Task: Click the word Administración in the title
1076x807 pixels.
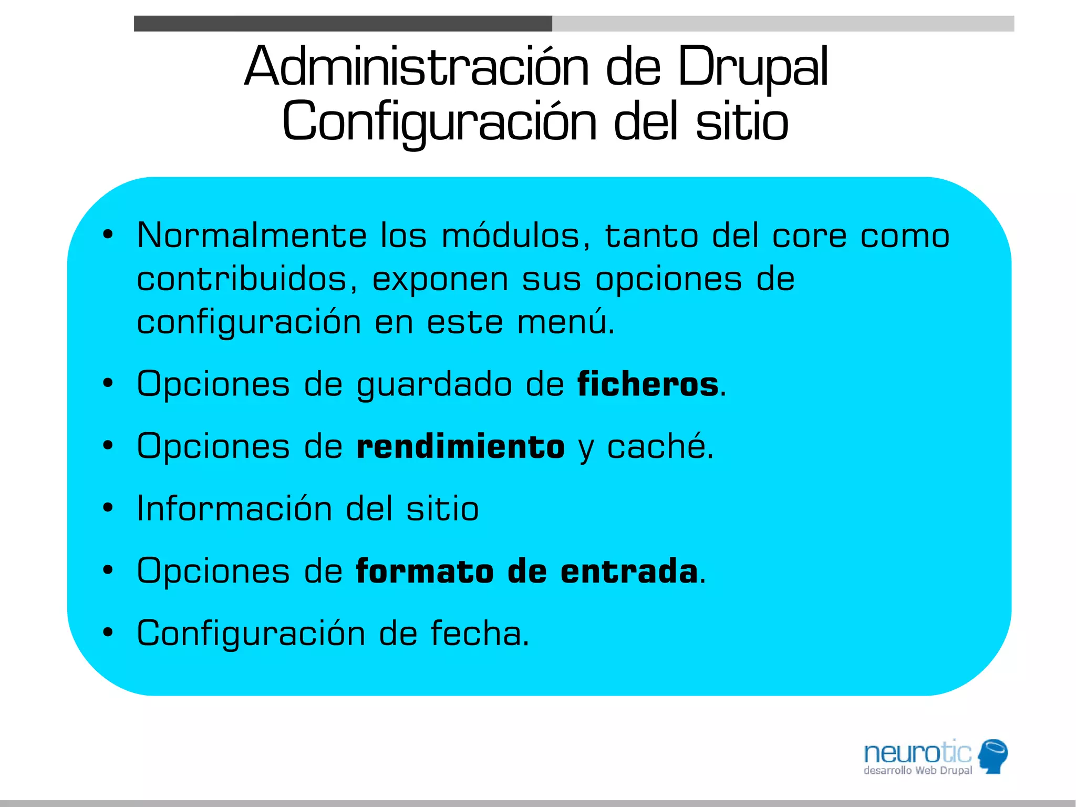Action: pos(417,67)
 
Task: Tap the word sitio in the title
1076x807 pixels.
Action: pos(742,122)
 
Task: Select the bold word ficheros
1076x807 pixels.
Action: pos(647,384)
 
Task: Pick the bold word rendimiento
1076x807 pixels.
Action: pos(460,446)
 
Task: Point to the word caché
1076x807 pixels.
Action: pos(659,446)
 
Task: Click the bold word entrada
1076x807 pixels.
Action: pos(629,571)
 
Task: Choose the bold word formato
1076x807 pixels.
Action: pos(425,571)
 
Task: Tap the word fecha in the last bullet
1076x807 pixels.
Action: pos(479,633)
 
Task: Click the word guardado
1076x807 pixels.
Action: pos(434,385)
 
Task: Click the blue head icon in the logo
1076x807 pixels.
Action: pos(992,755)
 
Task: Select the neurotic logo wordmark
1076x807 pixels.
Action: pos(917,752)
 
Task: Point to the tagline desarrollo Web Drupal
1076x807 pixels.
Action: pos(917,771)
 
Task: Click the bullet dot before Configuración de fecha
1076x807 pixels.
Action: pos(108,632)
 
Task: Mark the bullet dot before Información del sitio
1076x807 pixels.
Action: pos(108,508)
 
